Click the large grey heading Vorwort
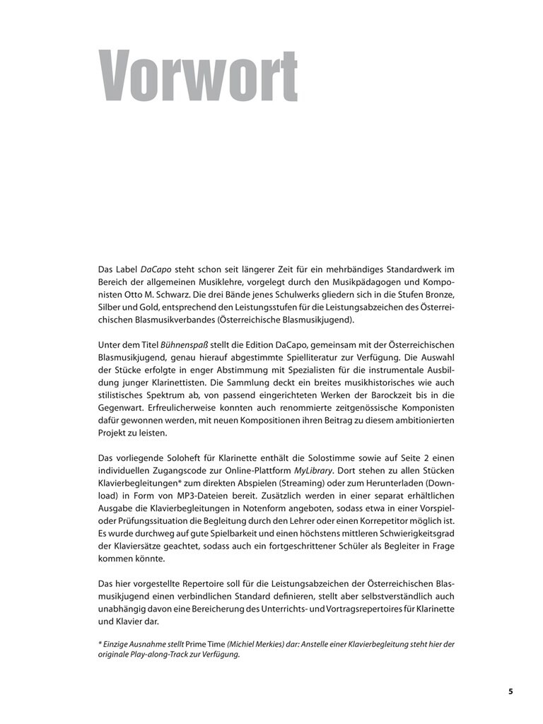coord(197,76)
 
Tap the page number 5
coord(510,691)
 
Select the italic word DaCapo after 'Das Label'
coord(156,269)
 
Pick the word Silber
coord(111,307)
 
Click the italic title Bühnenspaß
coord(186,344)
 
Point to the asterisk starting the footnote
coord(99,643)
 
